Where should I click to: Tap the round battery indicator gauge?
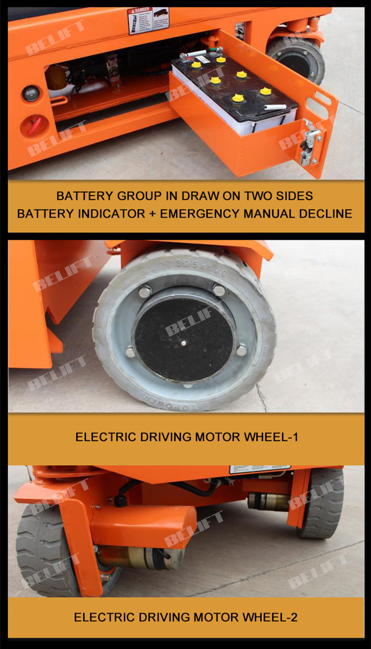click(x=31, y=93)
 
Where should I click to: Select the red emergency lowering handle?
click(x=32, y=125)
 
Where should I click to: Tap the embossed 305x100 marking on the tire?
click(x=200, y=268)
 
